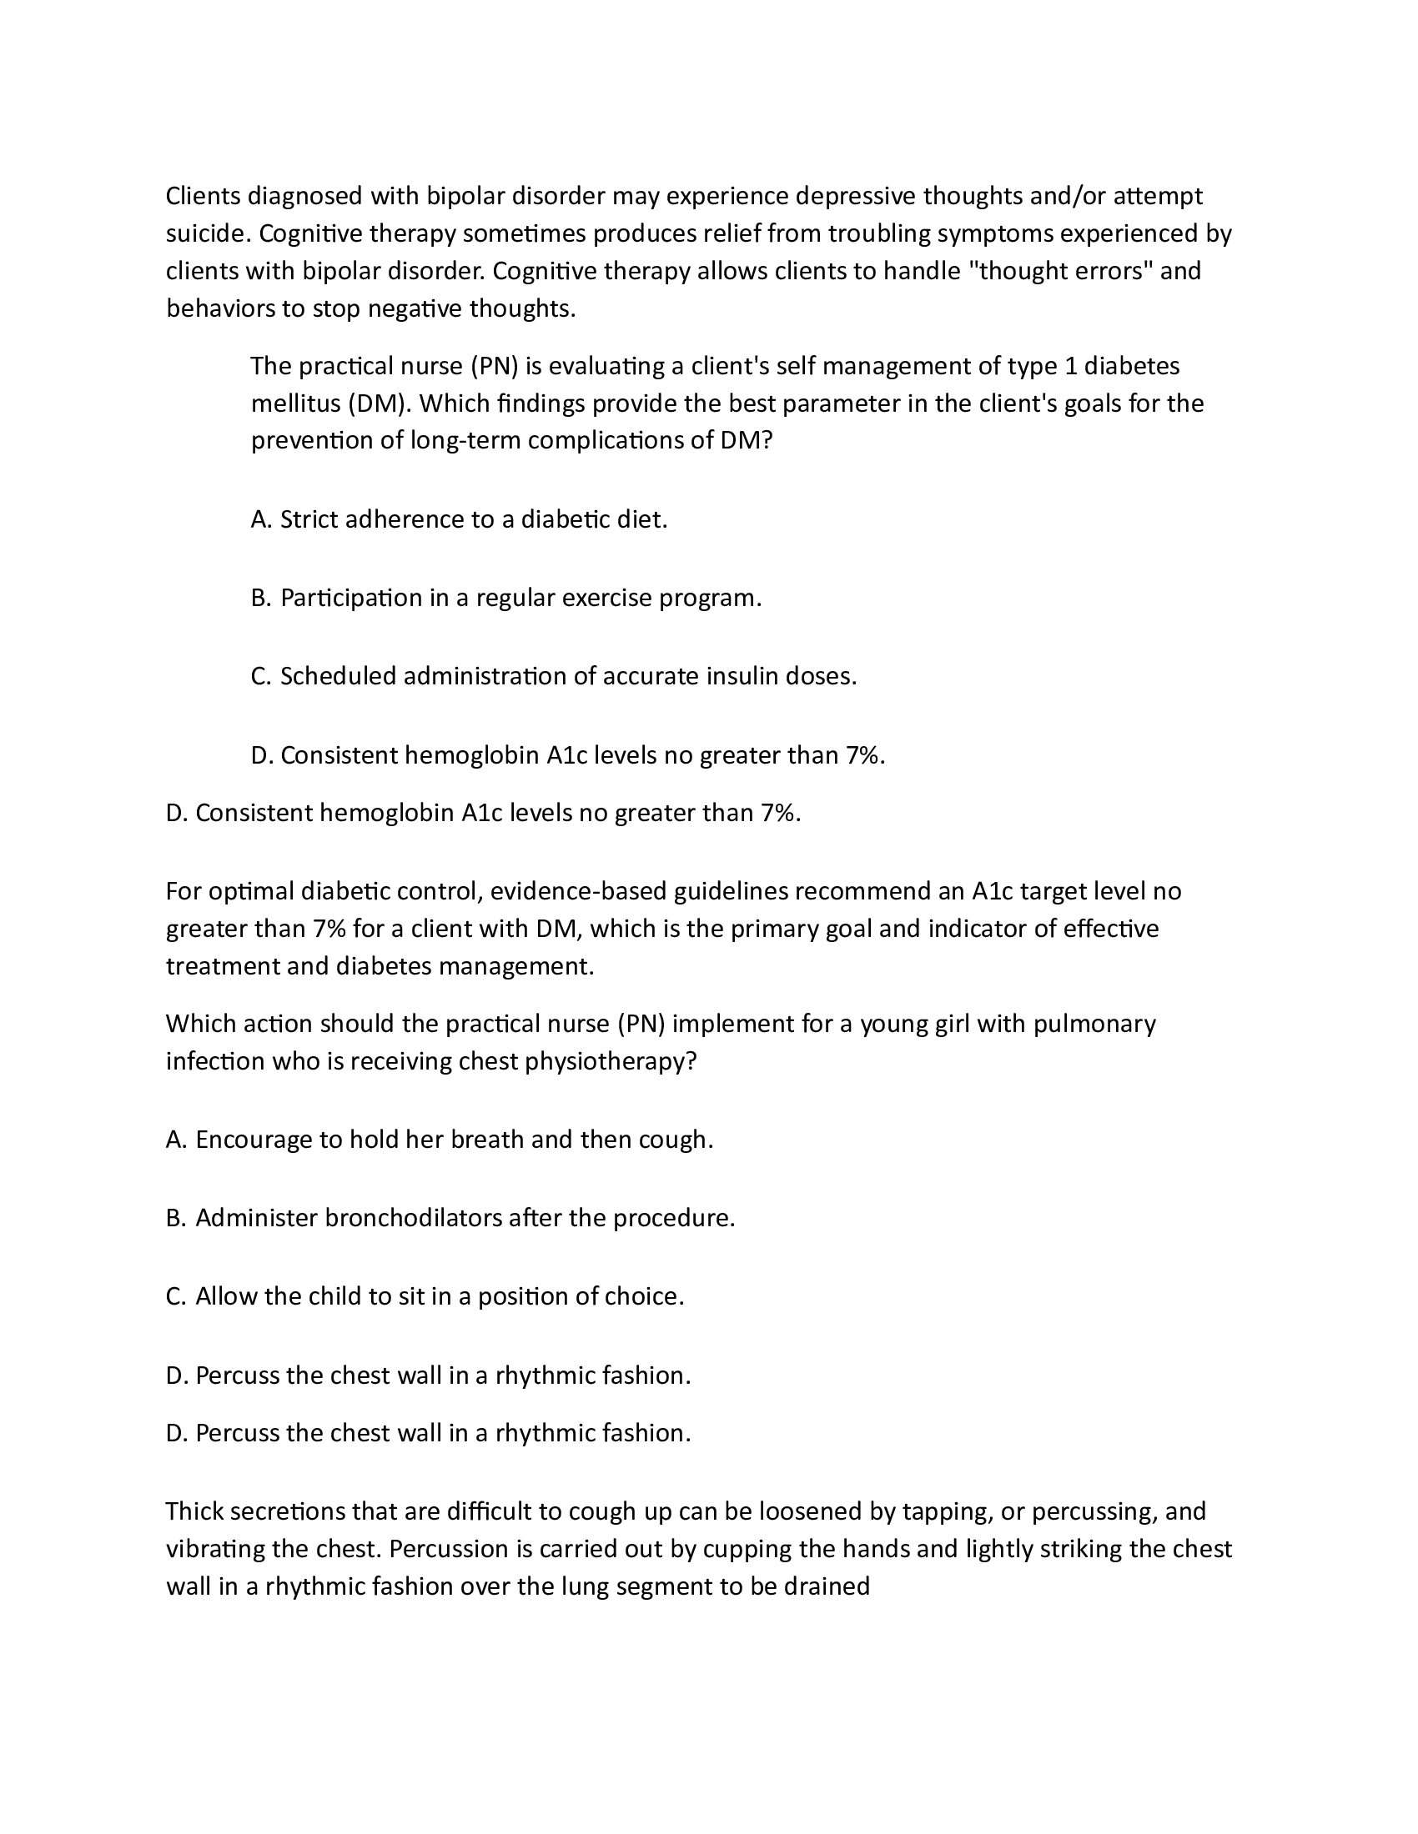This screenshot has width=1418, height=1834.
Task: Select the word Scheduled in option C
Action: [338, 676]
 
